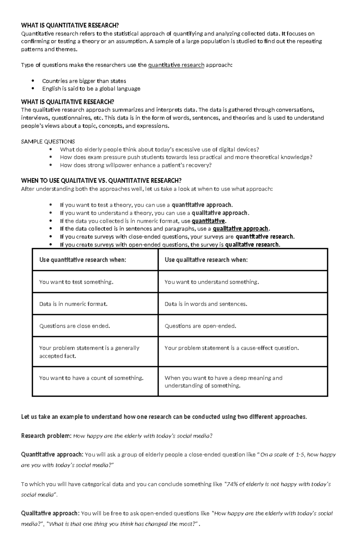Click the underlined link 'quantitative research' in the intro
point(176,65)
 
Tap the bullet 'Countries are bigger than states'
point(84,81)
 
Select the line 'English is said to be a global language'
point(91,89)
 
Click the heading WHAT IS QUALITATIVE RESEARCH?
point(67,102)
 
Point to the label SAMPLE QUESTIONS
point(48,141)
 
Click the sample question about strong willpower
point(136,165)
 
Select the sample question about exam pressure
point(186,157)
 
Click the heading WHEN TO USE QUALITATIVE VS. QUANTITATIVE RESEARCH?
point(101,180)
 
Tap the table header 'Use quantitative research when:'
point(82,260)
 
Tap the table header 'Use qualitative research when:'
point(206,260)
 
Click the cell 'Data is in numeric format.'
point(73,304)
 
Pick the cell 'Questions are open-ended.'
point(200,326)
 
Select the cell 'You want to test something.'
point(76,282)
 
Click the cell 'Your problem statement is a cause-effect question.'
point(232,348)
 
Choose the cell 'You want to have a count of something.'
point(91,378)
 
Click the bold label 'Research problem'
point(45,436)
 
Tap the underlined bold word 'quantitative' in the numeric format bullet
point(208,221)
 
